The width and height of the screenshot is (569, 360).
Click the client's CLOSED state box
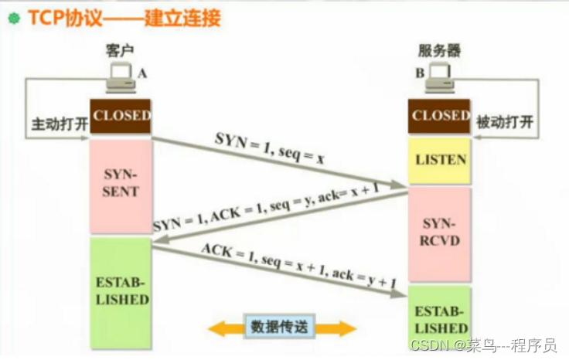[121, 117]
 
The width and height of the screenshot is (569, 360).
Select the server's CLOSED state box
[440, 117]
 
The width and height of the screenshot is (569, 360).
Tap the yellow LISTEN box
[440, 161]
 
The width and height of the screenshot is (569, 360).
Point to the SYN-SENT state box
[121, 185]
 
